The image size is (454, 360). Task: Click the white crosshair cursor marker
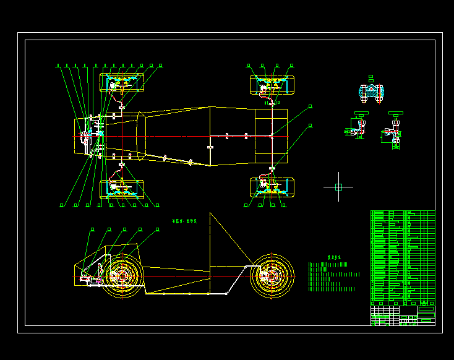click(338, 186)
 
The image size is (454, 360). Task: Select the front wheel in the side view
click(122, 275)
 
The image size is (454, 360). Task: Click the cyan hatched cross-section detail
click(372, 93)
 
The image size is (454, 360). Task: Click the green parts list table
click(402, 257)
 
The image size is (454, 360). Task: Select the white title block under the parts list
click(402, 315)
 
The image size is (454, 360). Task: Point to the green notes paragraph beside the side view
click(333, 276)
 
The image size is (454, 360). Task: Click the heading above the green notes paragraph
click(334, 257)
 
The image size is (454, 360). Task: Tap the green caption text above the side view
click(184, 220)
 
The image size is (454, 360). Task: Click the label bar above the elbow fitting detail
click(361, 114)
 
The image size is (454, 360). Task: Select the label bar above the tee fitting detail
click(396, 114)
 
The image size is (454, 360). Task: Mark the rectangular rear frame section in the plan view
click(271, 137)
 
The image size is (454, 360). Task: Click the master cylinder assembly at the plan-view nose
click(93, 134)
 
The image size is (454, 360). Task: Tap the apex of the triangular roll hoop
click(210, 213)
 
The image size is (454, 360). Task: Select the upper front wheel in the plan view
click(122, 83)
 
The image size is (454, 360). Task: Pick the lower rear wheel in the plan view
click(272, 187)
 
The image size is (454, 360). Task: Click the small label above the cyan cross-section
click(371, 78)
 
